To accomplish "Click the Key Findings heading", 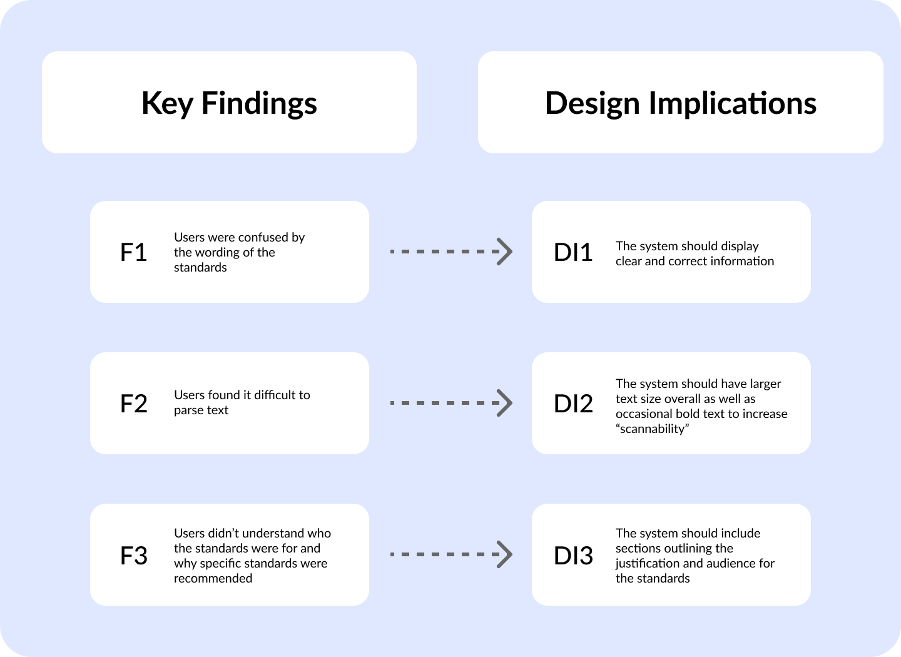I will point(229,103).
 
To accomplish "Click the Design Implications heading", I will point(681,103).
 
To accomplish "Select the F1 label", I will point(133,252).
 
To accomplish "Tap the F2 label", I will point(133,404).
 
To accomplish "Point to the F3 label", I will point(133,556).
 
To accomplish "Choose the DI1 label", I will point(573,252).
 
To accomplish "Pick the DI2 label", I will point(573,404).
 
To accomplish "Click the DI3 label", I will point(573,556).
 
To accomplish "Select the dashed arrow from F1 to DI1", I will point(450,252).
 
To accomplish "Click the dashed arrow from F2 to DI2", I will point(450,403).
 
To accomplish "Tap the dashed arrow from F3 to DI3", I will point(450,554).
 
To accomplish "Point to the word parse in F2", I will point(188,410).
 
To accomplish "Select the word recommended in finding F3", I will point(213,578).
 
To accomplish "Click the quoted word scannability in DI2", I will point(653,429).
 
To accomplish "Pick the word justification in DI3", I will point(648,563).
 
